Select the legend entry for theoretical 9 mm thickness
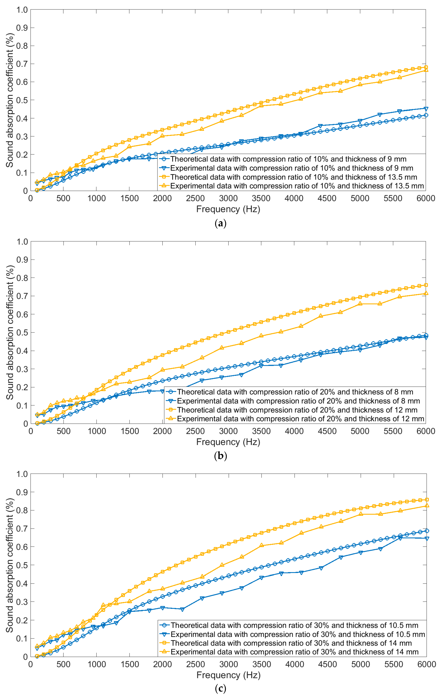(x=288, y=159)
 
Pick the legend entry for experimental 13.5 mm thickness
(x=297, y=186)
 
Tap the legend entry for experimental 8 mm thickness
(x=298, y=401)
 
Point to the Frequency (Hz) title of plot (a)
(x=228, y=209)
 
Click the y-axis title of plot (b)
(x=10, y=333)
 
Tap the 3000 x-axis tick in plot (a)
(x=228, y=198)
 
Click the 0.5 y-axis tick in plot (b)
(x=22, y=333)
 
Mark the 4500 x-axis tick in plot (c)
(x=327, y=664)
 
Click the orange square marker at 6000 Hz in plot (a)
(x=426, y=67)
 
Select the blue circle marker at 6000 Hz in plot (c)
(x=427, y=531)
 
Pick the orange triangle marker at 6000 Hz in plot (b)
(x=426, y=293)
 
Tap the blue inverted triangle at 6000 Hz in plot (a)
(x=426, y=109)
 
